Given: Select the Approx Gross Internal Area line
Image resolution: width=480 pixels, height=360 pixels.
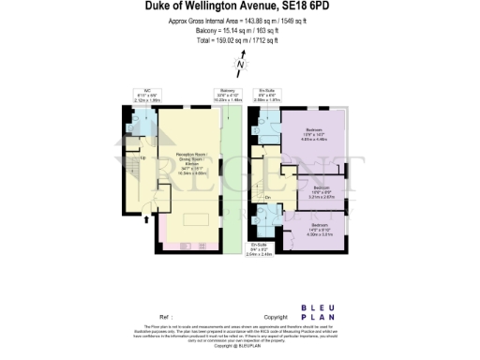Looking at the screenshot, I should [x=239, y=21].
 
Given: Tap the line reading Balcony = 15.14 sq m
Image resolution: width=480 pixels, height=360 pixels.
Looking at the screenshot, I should [x=239, y=31].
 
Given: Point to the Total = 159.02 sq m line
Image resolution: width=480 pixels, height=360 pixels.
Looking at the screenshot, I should [x=239, y=41].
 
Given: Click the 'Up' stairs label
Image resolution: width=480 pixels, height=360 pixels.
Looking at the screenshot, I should [x=142, y=157].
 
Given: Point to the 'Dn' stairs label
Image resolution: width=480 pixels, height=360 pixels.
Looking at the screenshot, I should [x=267, y=197].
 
